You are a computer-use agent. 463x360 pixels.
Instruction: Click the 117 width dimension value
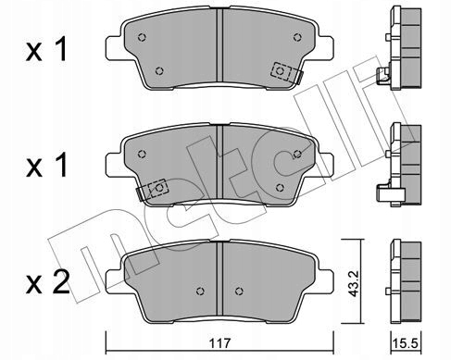point(219,343)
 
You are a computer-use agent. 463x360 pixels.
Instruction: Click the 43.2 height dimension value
point(354,283)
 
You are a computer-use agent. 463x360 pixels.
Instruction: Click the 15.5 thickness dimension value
point(407,343)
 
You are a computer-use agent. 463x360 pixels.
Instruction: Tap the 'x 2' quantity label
point(48,283)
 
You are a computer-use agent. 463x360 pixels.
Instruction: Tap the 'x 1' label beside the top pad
point(46,49)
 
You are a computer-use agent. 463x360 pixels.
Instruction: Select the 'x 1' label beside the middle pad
point(46,166)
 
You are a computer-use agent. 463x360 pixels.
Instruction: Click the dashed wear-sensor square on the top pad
point(281,71)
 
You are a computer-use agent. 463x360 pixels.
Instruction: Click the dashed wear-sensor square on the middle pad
point(158,188)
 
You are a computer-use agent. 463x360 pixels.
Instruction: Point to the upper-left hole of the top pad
point(142,37)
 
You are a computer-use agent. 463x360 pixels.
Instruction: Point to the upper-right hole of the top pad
point(297,37)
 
